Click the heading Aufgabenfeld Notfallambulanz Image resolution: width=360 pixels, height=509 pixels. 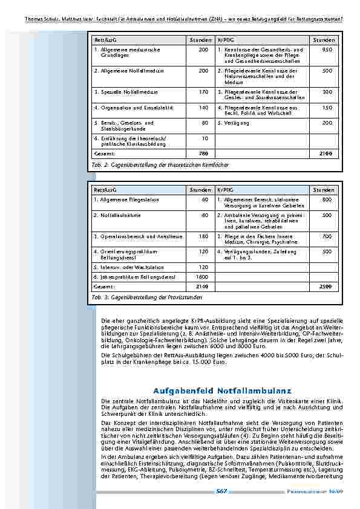223,391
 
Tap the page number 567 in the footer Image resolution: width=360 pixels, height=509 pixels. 221,491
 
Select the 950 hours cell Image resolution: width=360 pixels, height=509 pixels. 327,50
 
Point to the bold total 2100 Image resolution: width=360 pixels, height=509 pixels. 326,154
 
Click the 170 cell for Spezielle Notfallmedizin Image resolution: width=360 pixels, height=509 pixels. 203,92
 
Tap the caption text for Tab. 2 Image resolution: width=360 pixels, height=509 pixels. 160,164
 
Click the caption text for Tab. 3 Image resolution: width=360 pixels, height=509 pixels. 147,297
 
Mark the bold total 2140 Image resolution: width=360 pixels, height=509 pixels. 202,286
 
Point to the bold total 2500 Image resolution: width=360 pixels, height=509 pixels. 326,286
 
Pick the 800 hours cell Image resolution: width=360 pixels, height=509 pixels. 327,199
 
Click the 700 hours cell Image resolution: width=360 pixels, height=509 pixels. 327,236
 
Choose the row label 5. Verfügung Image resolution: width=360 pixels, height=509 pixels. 233,123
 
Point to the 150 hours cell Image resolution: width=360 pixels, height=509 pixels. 327,108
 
